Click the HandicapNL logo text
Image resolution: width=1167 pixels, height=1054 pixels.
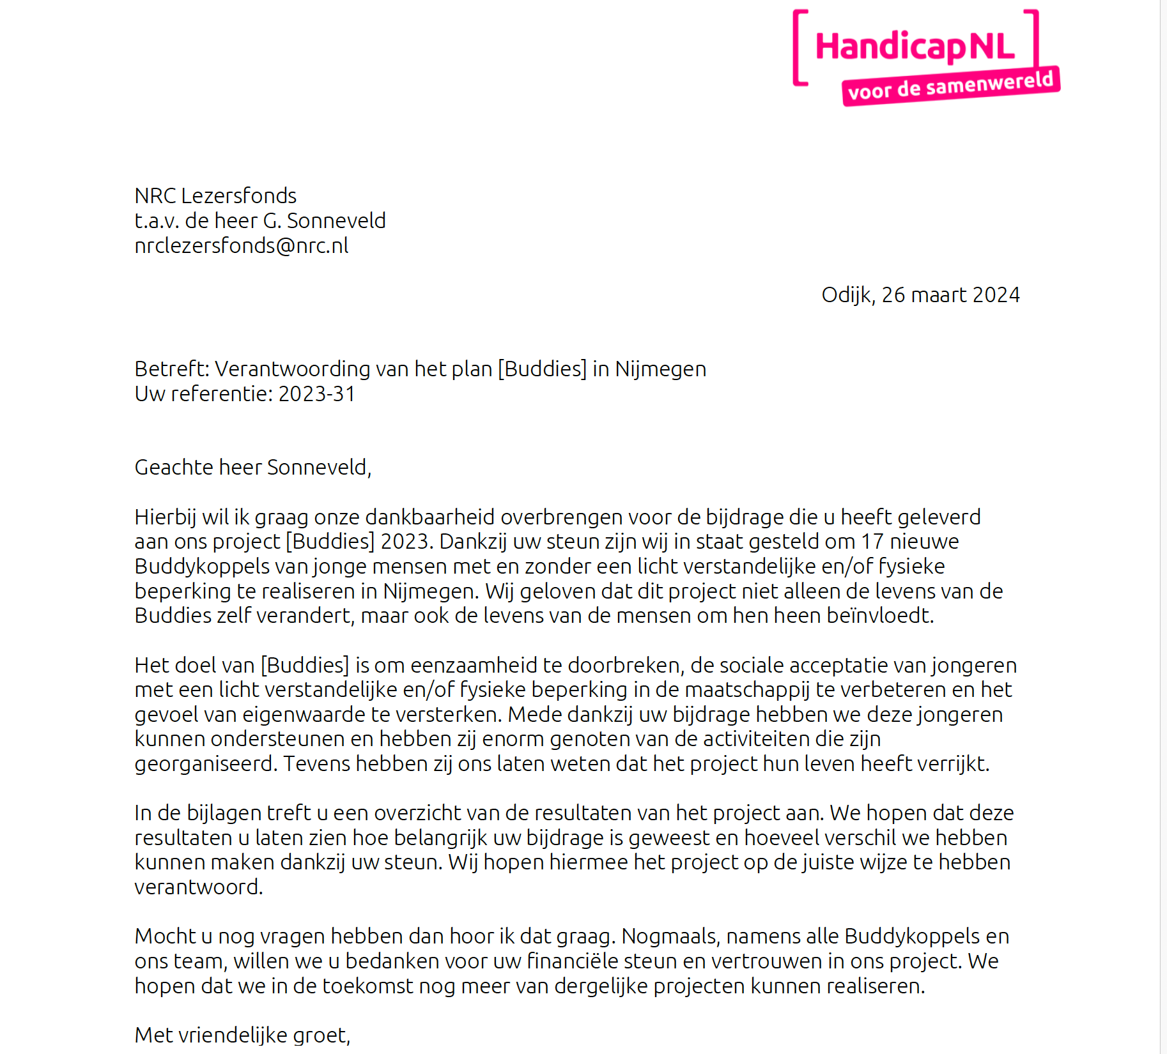(915, 47)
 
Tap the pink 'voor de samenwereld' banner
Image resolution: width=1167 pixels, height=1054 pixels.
(950, 86)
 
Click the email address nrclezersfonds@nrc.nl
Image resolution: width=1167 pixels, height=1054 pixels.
(241, 246)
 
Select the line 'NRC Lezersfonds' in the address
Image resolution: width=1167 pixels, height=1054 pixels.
(215, 195)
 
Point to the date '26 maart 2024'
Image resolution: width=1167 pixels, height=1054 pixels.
(950, 295)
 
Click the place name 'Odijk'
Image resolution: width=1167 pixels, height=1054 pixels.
(847, 295)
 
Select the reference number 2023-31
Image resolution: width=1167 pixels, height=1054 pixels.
(316, 394)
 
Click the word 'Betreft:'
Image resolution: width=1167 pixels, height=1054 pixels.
(171, 369)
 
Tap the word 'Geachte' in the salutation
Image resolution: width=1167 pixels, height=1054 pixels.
(174, 468)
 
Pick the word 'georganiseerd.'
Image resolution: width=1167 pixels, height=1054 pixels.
(206, 764)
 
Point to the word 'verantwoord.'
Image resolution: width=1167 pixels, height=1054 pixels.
(199, 887)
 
